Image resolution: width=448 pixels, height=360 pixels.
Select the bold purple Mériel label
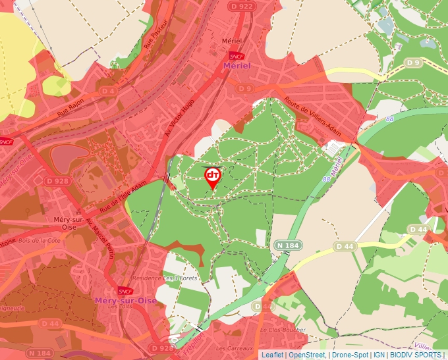click(x=237, y=66)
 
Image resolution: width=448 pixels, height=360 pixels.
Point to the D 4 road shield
click(x=109, y=91)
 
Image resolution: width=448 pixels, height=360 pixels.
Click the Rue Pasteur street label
click(x=155, y=37)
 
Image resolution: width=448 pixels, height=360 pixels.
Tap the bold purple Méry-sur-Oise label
click(x=126, y=300)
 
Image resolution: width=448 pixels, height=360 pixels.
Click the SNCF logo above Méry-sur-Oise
click(x=125, y=291)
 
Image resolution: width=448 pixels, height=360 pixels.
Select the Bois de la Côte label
click(x=41, y=243)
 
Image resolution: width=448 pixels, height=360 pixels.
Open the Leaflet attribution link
click(x=272, y=355)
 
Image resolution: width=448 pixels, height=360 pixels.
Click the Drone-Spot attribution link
click(x=350, y=355)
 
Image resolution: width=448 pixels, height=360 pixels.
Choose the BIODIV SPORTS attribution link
click(x=416, y=355)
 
